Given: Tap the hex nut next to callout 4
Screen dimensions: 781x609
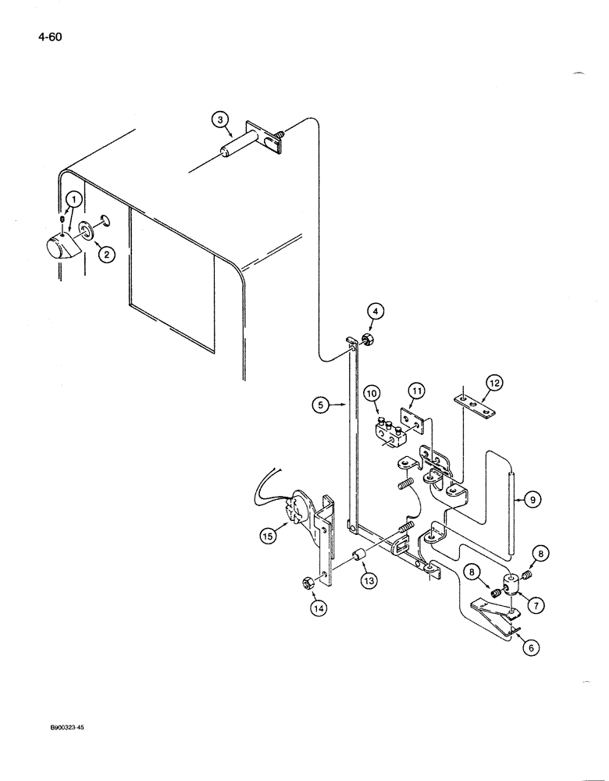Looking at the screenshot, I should (x=365, y=340).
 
